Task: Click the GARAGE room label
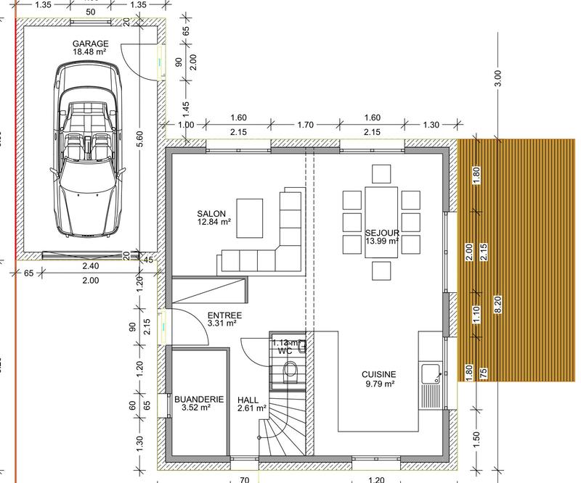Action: tap(91, 44)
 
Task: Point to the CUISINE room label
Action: tap(378, 374)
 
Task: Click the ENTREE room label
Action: tap(223, 315)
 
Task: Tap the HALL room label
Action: tap(248, 400)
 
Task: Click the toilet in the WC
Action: tap(290, 371)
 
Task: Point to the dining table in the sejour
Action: tap(382, 221)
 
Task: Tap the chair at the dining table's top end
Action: tap(382, 173)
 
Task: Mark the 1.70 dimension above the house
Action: tap(305, 125)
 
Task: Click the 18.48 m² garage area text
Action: tap(91, 52)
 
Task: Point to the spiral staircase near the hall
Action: tap(280, 428)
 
